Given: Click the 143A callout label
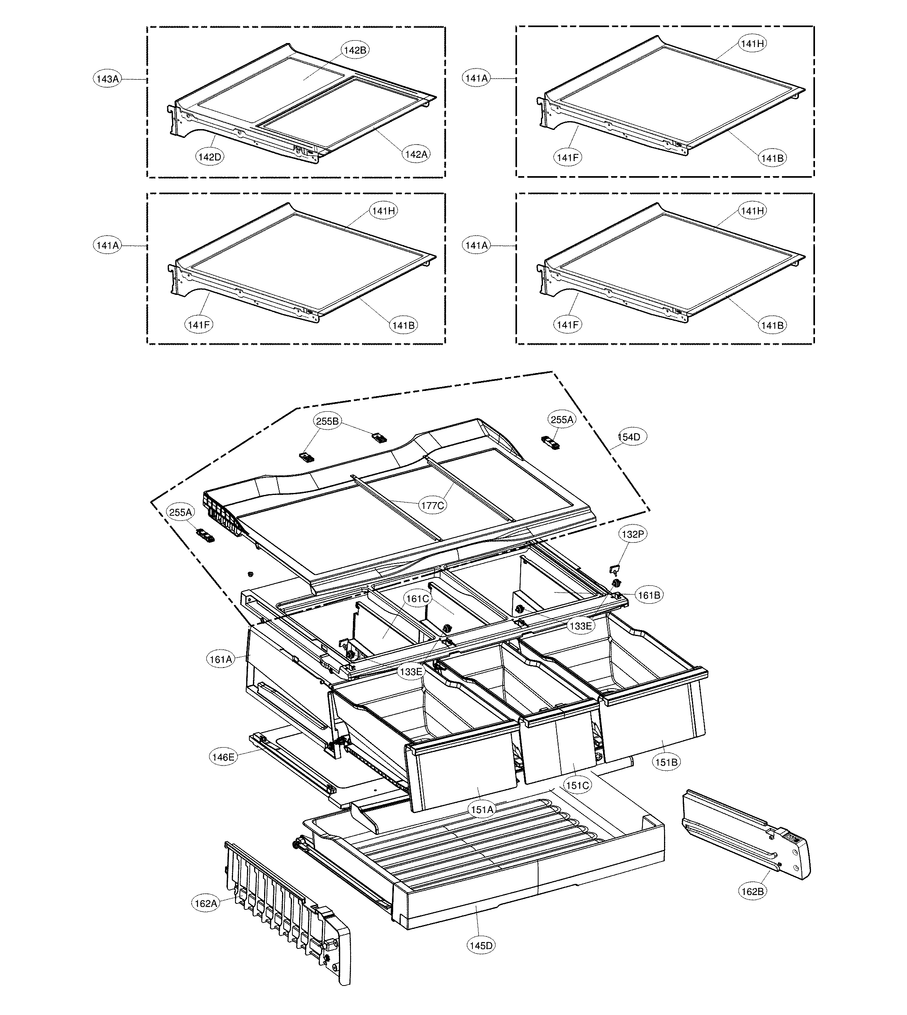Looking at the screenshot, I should tap(108, 79).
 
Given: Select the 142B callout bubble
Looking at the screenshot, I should tap(355, 50).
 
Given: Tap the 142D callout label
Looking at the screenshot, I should tap(210, 157).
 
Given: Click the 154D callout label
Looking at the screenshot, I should tap(632, 437).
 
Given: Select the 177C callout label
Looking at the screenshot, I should tap(432, 505).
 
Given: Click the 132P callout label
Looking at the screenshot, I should tap(633, 534).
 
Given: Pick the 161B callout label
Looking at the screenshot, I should tap(649, 595).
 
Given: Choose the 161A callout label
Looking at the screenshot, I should tap(221, 659).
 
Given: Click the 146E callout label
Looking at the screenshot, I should tap(223, 757).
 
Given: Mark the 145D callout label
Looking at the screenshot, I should tap(481, 945).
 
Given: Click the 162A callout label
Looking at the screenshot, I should tap(206, 903).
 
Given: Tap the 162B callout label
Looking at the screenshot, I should tap(752, 891).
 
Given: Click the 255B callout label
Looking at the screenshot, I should tap(327, 421).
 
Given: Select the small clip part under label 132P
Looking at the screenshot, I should tap(615, 568).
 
